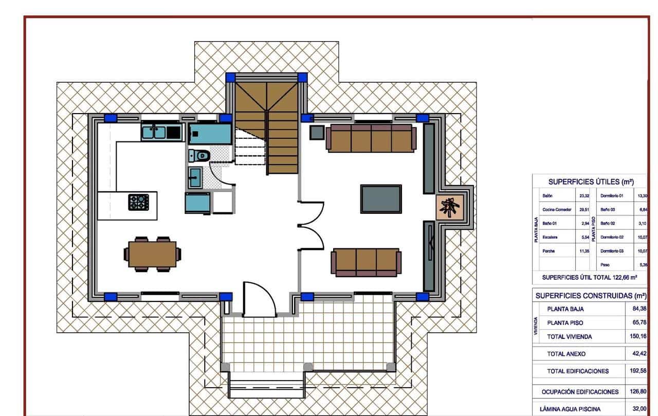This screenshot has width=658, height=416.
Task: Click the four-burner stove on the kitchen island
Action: [x=138, y=201]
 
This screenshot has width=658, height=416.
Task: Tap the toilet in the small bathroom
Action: [x=200, y=154]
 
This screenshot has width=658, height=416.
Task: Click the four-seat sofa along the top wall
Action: [x=371, y=138]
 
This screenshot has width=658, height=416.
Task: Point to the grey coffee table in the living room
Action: [x=381, y=199]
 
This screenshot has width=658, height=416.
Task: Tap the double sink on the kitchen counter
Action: [x=154, y=132]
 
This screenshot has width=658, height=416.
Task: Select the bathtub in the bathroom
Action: [x=210, y=133]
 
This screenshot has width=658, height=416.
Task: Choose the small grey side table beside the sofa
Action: [x=317, y=133]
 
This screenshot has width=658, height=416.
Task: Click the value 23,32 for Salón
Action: [x=584, y=196]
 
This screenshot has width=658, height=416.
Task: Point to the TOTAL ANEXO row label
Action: [x=566, y=354]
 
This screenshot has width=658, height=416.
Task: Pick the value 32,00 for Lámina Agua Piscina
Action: [x=639, y=409]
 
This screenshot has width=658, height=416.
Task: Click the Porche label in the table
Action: [x=549, y=251]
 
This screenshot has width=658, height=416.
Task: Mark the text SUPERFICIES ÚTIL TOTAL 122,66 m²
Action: [x=590, y=278]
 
